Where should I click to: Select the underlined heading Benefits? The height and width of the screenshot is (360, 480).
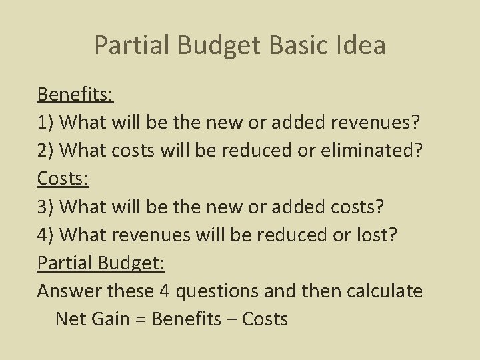(x=75, y=94)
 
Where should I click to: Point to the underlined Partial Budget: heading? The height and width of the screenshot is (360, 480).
(x=101, y=263)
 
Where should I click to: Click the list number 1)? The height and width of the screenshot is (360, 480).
(x=46, y=122)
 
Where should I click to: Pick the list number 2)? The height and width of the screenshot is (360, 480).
(x=46, y=151)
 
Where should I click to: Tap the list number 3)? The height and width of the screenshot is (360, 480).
(x=46, y=207)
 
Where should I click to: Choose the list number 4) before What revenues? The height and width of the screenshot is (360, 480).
(x=46, y=235)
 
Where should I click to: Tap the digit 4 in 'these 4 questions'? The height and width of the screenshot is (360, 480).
(x=165, y=291)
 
